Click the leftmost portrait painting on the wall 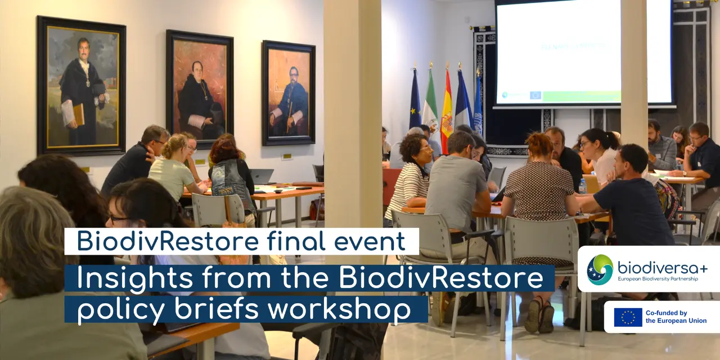point(81,85)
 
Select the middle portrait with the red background point(199,89)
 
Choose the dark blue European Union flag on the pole point(415,101)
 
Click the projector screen point(584,53)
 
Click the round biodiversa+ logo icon point(600,269)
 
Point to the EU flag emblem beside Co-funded point(628,317)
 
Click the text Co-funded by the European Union point(676,317)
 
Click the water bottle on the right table point(583,187)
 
